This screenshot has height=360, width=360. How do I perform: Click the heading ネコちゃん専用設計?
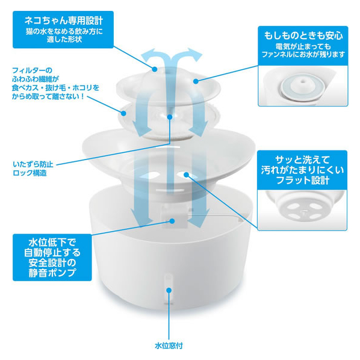pos(63,20)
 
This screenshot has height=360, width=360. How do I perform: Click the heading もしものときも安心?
pos(303,36)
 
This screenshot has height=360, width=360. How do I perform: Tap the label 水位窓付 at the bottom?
pos(169,346)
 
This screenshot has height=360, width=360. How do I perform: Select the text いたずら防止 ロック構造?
pos(33,169)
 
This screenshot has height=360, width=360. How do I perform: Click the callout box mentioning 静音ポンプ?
pos(52,258)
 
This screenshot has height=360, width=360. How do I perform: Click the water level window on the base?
pos(169,288)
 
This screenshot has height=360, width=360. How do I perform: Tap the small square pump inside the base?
pos(175,217)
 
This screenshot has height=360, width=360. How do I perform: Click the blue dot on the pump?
pos(172,221)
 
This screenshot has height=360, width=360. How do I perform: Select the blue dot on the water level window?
pos(169,290)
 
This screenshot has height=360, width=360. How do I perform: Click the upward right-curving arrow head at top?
pos(194,55)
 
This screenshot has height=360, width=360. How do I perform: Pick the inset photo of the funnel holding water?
pos(303,85)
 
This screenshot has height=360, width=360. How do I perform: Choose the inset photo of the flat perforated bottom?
pos(302,209)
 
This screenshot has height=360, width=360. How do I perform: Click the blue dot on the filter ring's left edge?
pos(124,113)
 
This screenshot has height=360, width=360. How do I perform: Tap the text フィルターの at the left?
pos(32,70)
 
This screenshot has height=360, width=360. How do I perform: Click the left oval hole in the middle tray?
pos(149,176)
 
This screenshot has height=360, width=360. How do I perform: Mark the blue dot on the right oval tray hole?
pos(186,175)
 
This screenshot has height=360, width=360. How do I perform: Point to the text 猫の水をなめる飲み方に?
pos(64,31)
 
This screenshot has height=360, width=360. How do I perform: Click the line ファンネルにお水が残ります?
pos(303,55)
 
